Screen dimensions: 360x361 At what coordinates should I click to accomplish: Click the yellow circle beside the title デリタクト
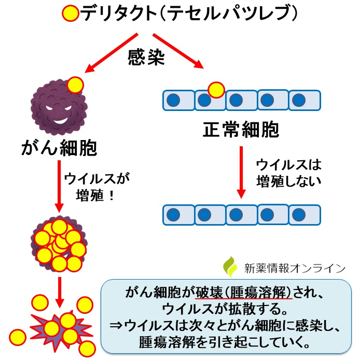(71, 13)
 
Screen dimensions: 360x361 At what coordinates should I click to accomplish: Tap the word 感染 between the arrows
(146, 57)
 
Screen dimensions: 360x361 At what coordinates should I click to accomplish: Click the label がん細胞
(60, 148)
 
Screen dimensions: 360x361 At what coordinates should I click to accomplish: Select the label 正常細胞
(241, 130)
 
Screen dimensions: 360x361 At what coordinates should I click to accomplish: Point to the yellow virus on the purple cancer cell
(75, 85)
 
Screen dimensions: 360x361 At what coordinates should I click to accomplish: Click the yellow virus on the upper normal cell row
(216, 90)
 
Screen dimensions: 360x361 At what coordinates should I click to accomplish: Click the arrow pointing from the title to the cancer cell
(112, 53)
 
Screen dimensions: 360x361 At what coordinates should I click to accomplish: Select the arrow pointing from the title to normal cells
(178, 51)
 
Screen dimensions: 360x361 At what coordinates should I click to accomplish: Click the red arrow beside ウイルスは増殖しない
(241, 172)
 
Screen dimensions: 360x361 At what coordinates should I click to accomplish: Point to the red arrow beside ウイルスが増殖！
(59, 186)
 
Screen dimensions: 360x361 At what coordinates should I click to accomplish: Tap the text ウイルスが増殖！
(97, 187)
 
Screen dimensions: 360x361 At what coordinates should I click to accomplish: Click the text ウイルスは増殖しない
(289, 173)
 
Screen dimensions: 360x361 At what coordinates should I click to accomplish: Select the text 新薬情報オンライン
(295, 269)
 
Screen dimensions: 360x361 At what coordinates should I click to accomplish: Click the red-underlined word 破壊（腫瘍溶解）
(244, 293)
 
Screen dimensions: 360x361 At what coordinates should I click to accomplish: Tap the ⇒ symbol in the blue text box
(117, 326)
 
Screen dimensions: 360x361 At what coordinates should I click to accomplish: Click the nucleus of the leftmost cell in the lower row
(173, 215)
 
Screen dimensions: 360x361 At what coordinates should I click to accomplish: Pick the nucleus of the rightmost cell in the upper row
(299, 100)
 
